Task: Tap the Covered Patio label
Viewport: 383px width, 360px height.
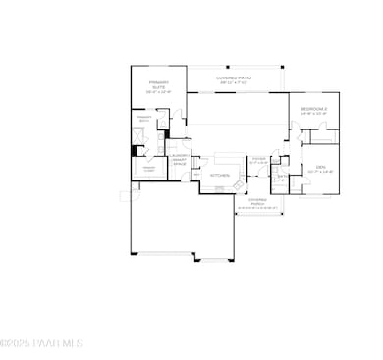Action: (237, 77)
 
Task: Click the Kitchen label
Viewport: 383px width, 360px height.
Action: (220, 175)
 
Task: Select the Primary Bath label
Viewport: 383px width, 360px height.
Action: (143, 119)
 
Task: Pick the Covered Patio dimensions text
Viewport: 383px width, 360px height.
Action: (237, 82)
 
